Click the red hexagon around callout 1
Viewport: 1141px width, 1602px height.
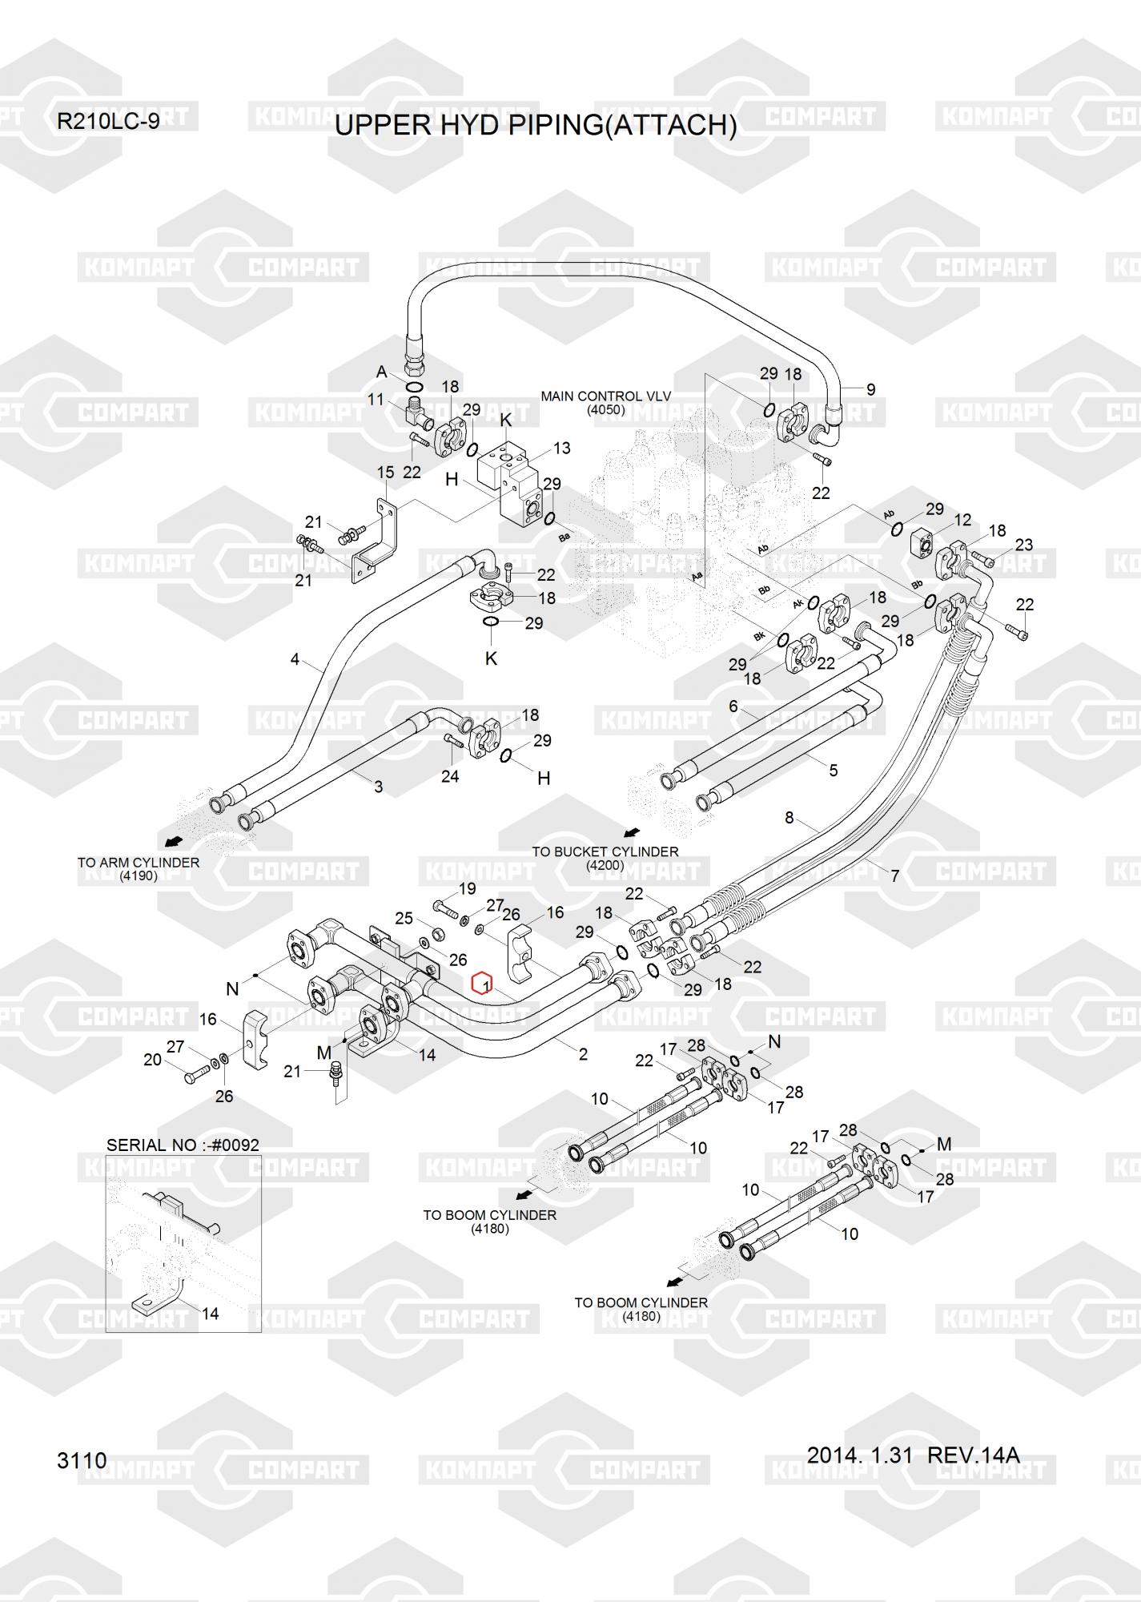click(481, 982)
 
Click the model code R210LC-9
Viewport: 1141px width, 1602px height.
click(108, 122)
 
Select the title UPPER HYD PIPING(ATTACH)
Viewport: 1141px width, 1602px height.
click(536, 126)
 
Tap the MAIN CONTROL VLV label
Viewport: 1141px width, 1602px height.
click(606, 396)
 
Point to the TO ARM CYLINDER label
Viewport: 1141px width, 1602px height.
click(139, 863)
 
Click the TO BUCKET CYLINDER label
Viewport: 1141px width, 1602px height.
click(605, 851)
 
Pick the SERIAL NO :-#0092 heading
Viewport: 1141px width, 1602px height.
click(183, 1145)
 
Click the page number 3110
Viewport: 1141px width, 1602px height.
click(82, 1460)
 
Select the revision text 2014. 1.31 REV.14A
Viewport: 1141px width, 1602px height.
click(913, 1455)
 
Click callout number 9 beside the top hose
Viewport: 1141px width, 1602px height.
click(871, 390)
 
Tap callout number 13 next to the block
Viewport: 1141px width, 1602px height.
click(562, 448)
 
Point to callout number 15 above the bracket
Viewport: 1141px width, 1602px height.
click(386, 473)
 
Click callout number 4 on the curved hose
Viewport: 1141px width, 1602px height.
click(295, 660)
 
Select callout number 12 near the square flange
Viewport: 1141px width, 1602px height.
click(962, 520)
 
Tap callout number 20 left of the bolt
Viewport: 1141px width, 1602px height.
click(152, 1060)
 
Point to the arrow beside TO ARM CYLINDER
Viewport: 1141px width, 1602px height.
click(172, 841)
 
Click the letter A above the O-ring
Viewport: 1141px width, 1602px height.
click(382, 372)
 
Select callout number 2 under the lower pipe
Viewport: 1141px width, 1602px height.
click(583, 1054)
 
